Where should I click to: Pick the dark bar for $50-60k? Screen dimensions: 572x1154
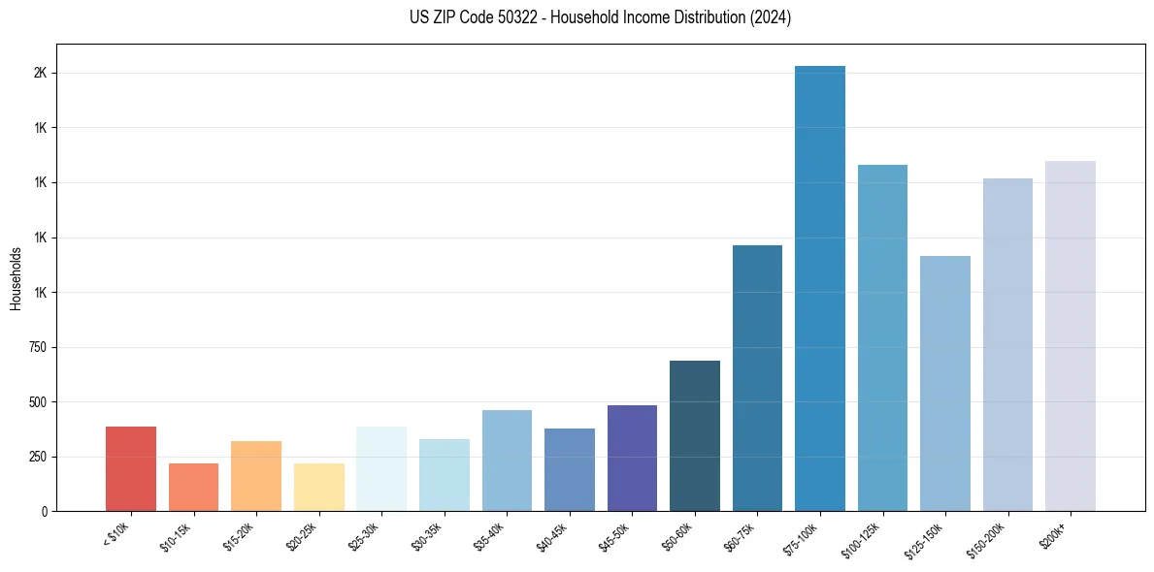(695, 435)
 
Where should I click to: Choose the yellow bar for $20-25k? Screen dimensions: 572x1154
(319, 487)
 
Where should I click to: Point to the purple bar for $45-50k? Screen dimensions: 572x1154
(632, 458)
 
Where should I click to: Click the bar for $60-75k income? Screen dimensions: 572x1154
(757, 378)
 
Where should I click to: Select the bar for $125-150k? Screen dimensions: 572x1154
(945, 383)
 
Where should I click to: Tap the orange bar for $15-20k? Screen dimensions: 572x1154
(256, 476)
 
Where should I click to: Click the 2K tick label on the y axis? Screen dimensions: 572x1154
(41, 74)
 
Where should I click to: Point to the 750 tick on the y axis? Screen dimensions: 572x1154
(38, 347)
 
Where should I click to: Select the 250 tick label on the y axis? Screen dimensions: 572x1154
(38, 457)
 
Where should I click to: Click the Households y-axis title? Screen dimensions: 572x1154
(16, 278)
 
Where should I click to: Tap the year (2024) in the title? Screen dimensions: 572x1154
(770, 17)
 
